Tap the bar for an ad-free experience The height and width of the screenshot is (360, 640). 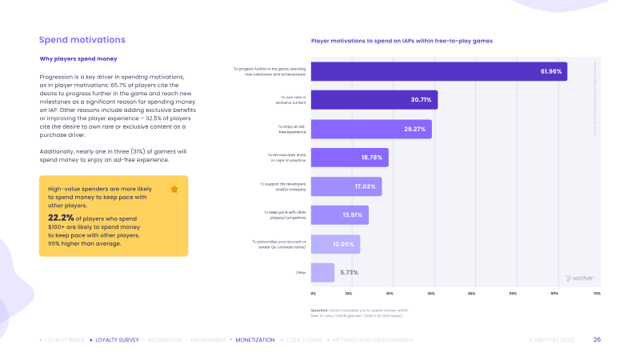pos(371,129)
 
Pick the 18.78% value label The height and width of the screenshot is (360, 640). pos(373,158)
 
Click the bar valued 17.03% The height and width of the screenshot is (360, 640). pos(346,186)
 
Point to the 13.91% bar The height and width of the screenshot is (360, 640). pos(339,215)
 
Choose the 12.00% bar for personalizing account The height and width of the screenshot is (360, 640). pos(335,244)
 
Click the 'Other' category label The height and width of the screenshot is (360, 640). pos(301,273)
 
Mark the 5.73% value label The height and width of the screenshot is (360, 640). pos(350,273)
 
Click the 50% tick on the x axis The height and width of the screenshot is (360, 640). pos(513,294)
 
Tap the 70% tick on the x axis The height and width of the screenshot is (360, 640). pos(596,294)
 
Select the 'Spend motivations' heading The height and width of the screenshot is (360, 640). pos(82,39)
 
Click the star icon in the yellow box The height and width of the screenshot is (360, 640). pos(174,190)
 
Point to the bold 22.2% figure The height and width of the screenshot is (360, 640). pos(60,217)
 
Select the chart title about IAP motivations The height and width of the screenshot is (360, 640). pos(401,40)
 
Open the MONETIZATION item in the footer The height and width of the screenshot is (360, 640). pos(255,340)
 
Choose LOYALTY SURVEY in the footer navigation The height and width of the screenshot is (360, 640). pos(116,340)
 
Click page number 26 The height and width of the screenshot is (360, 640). pos(597,340)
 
